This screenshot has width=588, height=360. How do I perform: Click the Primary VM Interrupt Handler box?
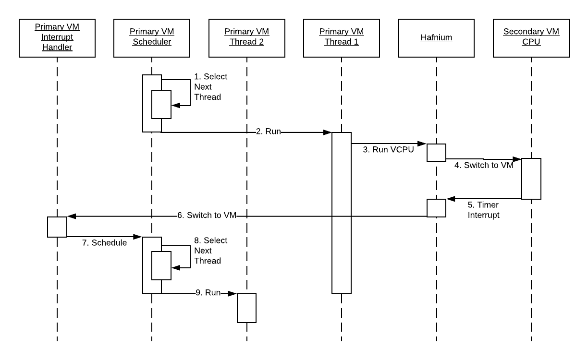57,37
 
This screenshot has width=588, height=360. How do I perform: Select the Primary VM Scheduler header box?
152,37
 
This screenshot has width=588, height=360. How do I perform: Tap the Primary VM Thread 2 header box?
247,37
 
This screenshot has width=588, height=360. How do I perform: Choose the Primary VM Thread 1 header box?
342,37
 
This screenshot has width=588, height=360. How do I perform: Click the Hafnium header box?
436,37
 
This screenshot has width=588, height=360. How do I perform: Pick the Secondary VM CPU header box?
531,37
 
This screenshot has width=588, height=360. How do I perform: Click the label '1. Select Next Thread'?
210,87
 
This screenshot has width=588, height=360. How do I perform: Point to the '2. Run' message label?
268,132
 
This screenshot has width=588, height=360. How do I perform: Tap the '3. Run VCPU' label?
388,149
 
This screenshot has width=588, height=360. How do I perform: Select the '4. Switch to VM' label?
484,166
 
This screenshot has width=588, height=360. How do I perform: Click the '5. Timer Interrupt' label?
483,210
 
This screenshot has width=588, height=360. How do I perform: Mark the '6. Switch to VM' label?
207,216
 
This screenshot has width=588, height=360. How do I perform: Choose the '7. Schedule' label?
104,243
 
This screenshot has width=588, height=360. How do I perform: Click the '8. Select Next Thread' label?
210,251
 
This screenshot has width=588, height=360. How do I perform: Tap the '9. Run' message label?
208,292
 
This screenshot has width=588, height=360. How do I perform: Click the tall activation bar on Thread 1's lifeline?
342,213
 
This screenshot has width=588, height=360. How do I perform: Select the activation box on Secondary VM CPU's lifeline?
531,179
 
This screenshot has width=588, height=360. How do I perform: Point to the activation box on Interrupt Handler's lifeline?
57,227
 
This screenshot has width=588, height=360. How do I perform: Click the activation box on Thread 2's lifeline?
246,308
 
